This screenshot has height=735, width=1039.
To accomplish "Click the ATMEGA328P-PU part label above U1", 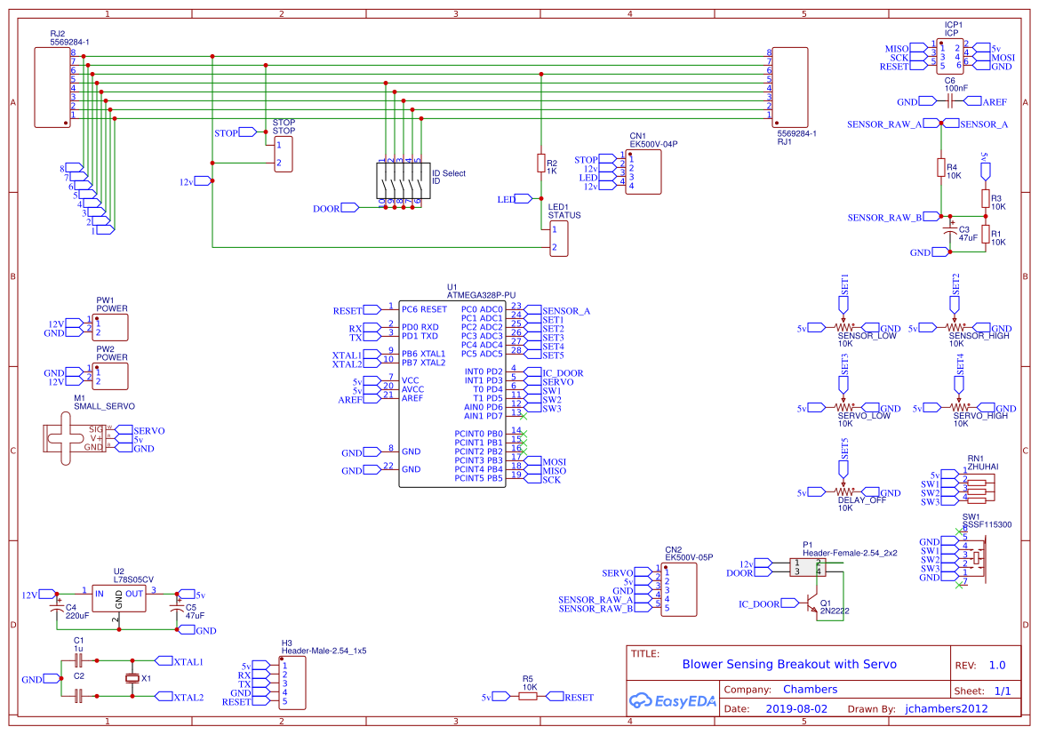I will click(x=481, y=294).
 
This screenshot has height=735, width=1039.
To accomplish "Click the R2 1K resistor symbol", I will click(x=540, y=163).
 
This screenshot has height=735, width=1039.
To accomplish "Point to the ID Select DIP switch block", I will click(x=399, y=182).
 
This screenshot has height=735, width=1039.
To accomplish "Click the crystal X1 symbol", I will click(x=133, y=679).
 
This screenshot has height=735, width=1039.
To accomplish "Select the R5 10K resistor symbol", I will click(x=528, y=698).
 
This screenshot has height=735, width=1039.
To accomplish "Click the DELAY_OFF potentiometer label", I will click(x=861, y=500).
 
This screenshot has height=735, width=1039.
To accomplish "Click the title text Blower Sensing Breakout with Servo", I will click(x=788, y=664).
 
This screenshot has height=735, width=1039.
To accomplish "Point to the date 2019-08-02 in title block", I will click(x=795, y=709).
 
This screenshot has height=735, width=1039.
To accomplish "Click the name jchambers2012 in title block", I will click(x=947, y=709).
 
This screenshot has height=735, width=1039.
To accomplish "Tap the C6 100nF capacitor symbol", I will click(x=950, y=102).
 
